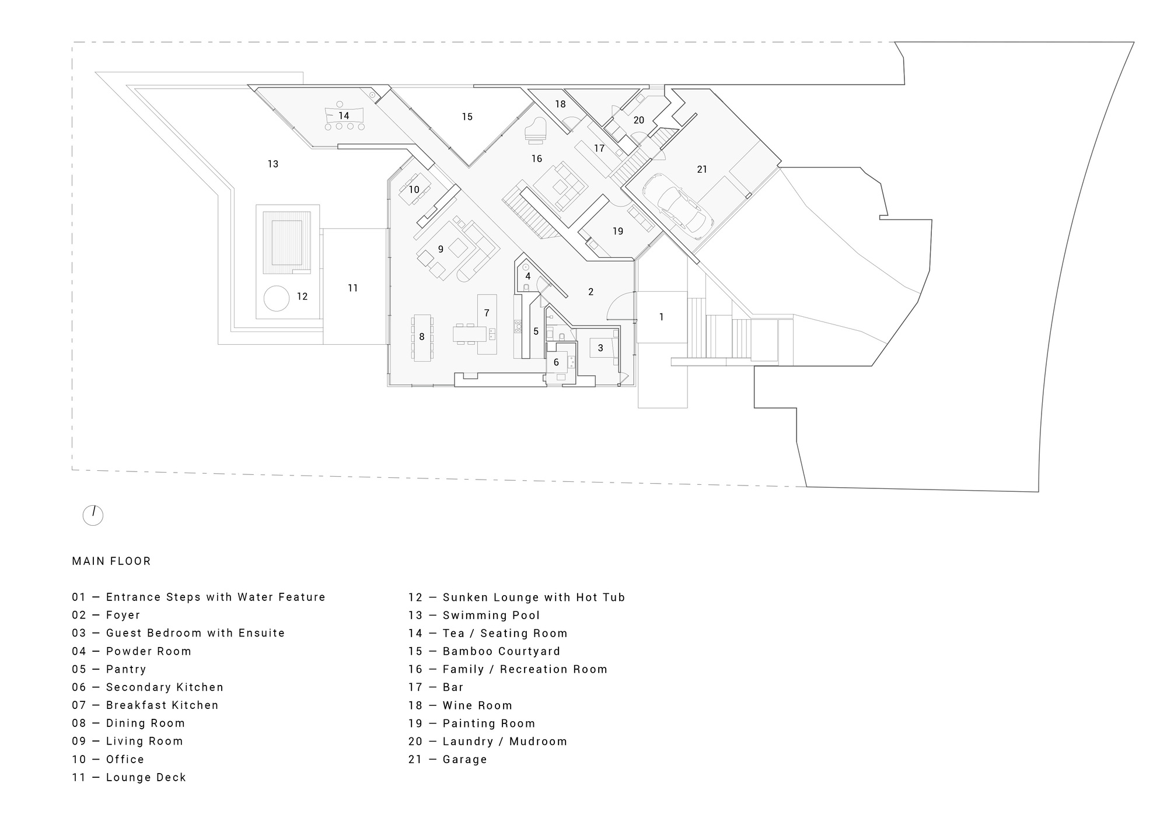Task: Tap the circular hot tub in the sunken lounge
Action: [276, 299]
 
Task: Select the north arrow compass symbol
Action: [93, 515]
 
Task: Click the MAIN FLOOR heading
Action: [111, 561]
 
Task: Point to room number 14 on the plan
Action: [344, 116]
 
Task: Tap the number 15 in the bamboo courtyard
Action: [467, 117]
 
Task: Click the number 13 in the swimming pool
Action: [273, 164]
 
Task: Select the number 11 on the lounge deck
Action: [352, 288]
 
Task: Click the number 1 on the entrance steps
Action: [661, 317]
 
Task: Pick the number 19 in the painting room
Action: [618, 231]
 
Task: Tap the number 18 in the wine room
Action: [560, 104]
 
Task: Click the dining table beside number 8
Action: [422, 338]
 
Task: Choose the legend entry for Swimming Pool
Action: [491, 616]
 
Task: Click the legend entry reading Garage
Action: [464, 760]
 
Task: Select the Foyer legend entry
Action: [123, 616]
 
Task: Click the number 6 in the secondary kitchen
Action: [556, 362]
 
